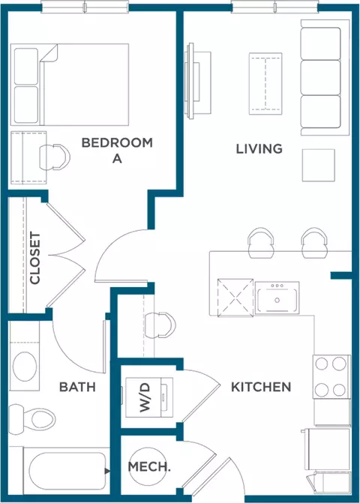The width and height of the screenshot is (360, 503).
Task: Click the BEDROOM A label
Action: pyautogui.click(x=116, y=150)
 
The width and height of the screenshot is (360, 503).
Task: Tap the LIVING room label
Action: pyautogui.click(x=259, y=148)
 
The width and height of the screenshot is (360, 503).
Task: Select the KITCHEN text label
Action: pyautogui.click(x=260, y=387)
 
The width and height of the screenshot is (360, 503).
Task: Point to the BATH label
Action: pyautogui.click(x=77, y=387)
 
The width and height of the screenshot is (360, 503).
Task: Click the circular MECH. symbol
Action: pyautogui.click(x=148, y=466)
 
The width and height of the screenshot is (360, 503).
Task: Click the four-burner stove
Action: pyautogui.click(x=331, y=378)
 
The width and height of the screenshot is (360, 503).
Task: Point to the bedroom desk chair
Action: pyautogui.click(x=55, y=156)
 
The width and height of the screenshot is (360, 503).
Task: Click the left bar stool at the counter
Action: pyautogui.click(x=260, y=241)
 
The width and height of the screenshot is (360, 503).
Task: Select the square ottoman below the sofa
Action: pyautogui.click(x=318, y=165)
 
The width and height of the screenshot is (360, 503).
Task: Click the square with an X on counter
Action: pyautogui.click(x=233, y=298)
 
